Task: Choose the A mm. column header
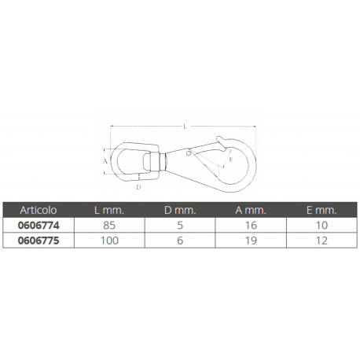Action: click(250, 210)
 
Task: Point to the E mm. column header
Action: click(321, 210)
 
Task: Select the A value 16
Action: click(250, 225)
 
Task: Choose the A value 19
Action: click(250, 241)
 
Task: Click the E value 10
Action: click(321, 225)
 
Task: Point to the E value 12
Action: click(321, 241)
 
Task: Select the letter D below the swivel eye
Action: click(138, 187)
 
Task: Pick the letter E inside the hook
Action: click(230, 160)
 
